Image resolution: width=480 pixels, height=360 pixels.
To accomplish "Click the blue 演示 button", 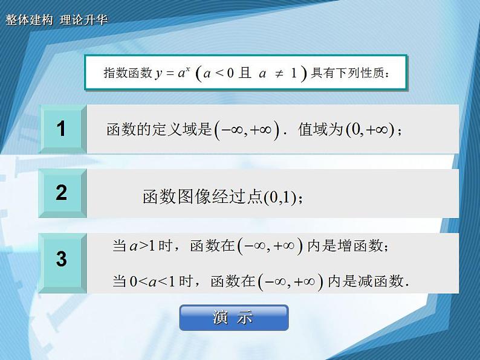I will point(233,318).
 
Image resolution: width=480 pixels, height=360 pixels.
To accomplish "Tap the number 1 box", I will point(61,129).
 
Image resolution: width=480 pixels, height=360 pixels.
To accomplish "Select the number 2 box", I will point(61,193).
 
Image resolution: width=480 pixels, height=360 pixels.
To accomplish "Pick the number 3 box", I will point(61,260).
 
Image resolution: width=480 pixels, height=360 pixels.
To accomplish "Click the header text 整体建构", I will point(28,19).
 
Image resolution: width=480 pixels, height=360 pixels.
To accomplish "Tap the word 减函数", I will point(380,281).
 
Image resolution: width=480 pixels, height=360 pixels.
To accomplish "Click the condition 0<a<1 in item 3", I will point(152,281).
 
